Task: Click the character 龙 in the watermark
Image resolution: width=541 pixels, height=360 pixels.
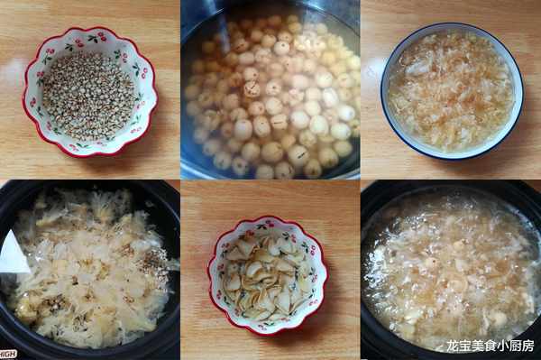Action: pyautogui.click(x=453, y=346)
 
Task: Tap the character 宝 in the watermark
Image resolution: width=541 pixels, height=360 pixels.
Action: pyautogui.click(x=465, y=346)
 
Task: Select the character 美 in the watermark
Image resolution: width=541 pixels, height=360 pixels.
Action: pyautogui.click(x=478, y=346)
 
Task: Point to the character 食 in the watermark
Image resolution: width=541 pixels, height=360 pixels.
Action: pyautogui.click(x=491, y=346)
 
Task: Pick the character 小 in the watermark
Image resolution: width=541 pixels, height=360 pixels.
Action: pyautogui.click(x=503, y=346)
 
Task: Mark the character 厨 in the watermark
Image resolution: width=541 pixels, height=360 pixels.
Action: pyautogui.click(x=515, y=346)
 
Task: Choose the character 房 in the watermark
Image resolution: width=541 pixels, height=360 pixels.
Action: pyautogui.click(x=527, y=346)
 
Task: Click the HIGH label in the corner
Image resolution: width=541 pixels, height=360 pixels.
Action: pyautogui.click(x=7, y=354)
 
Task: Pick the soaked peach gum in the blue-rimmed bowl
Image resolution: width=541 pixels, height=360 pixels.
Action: pyautogui.click(x=452, y=90)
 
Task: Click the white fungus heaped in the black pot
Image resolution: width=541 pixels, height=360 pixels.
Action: pyautogui.click(x=88, y=266)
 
